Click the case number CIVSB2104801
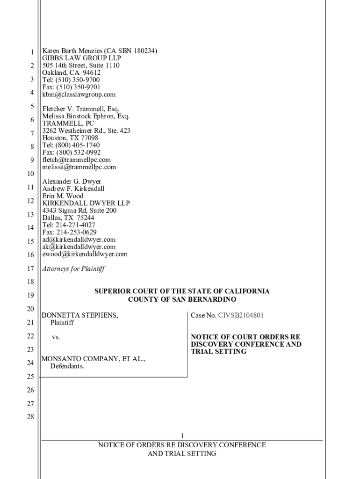(241, 315)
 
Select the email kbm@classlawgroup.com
(79, 94)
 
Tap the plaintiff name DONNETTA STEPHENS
(80, 315)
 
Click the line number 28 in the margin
(30, 417)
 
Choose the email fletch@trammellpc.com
(77, 160)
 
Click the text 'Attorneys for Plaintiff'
(73, 269)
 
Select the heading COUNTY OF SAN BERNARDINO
(182, 299)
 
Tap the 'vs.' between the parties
(56, 337)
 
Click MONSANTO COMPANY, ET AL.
(94, 359)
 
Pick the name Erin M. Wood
(63, 196)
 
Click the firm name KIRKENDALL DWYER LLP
(86, 203)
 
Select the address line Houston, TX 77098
(70, 138)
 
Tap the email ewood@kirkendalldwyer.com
(85, 254)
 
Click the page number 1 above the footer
(182, 435)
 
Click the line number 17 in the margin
(30, 269)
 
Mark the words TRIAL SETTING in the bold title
(219, 351)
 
